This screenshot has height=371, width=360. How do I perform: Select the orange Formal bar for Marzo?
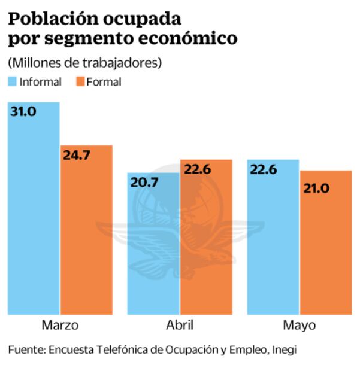coord(86,230)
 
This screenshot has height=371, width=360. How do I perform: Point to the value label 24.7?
coord(76,155)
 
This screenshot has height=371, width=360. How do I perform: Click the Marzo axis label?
coord(60,326)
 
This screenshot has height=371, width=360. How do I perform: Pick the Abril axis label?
coord(180,326)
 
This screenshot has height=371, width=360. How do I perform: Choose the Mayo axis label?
coord(299,326)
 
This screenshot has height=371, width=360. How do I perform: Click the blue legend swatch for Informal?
coord(12,81)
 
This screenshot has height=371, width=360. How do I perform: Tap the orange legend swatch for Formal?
coord(80,81)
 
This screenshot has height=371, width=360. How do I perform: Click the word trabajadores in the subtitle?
coord(123,62)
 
